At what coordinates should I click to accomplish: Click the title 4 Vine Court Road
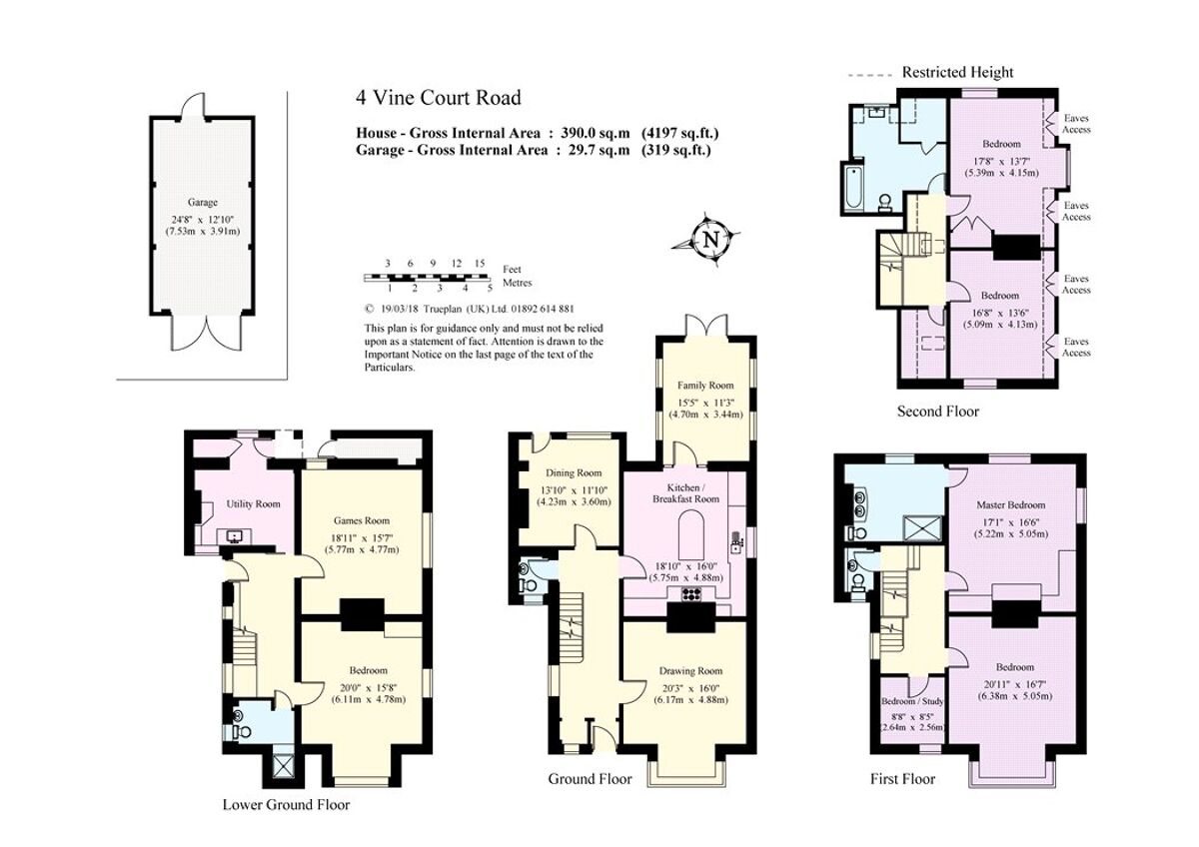pyautogui.click(x=438, y=98)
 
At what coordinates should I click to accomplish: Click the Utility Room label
pyautogui.click(x=254, y=504)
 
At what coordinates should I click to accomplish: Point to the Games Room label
pyautogui.click(x=361, y=520)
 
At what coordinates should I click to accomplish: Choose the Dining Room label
pyautogui.click(x=574, y=473)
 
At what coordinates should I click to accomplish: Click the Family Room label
pyautogui.click(x=705, y=386)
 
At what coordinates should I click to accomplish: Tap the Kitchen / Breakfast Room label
pyautogui.click(x=685, y=491)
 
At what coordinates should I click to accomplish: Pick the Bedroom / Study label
pyautogui.click(x=910, y=701)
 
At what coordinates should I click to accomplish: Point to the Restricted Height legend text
pyautogui.click(x=957, y=72)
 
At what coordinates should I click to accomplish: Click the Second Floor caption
pyautogui.click(x=938, y=412)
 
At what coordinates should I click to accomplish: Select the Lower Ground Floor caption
pyautogui.click(x=286, y=804)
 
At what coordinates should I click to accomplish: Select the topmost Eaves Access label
pyautogui.click(x=1076, y=124)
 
